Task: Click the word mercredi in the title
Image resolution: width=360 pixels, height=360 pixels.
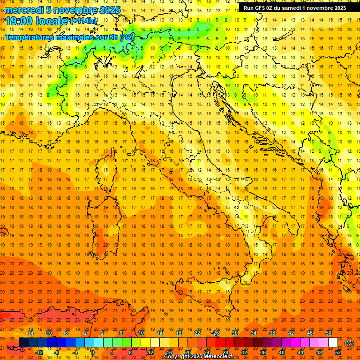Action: [x=24, y=10]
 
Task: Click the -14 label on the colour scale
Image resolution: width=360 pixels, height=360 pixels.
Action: [x=30, y=333]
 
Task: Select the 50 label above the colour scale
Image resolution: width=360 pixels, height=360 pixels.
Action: [x=329, y=333]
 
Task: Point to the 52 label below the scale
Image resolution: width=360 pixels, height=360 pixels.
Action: [x=338, y=352]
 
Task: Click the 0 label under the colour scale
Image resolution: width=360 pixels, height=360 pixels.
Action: [x=93, y=352]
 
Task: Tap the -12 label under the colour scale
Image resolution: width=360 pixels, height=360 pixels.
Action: [x=39, y=352]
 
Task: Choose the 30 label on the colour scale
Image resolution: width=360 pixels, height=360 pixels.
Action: [x=235, y=333]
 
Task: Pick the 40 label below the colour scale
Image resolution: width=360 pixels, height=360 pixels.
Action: [x=282, y=352]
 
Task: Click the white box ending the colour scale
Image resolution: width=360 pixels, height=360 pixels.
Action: [x=333, y=343]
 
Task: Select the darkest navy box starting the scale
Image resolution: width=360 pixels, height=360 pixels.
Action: [x=23, y=343]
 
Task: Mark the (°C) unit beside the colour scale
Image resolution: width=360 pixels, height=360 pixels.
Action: [x=349, y=343]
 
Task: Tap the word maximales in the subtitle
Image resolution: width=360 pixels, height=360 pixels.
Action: [x=75, y=37]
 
